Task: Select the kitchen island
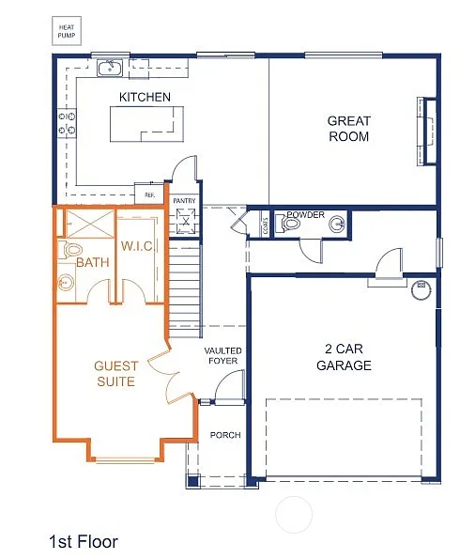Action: click(146, 123)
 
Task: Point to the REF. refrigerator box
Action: click(148, 194)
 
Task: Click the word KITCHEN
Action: click(145, 97)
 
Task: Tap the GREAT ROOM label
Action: click(348, 129)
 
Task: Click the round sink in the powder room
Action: click(336, 224)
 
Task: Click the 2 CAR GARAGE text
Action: click(344, 357)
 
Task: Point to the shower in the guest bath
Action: click(87, 225)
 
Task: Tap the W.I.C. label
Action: click(137, 246)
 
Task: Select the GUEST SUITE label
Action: click(116, 373)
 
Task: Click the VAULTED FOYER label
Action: click(222, 357)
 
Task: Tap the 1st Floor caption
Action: click(83, 541)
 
